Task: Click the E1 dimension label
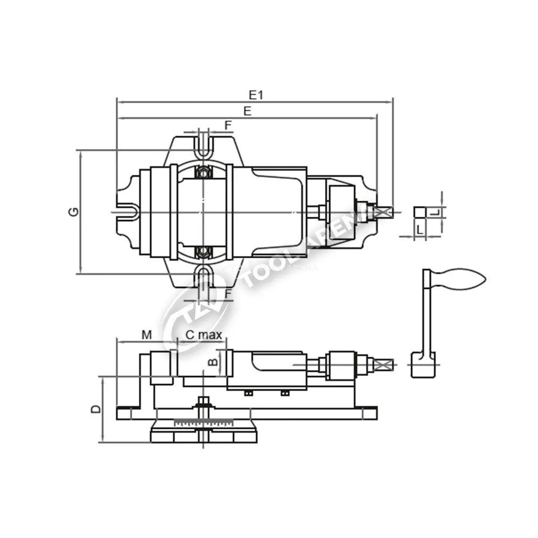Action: click(x=256, y=95)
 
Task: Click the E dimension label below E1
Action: click(x=247, y=111)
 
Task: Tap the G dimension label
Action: click(x=74, y=211)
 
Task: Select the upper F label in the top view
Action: click(x=229, y=125)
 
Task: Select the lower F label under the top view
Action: click(x=229, y=293)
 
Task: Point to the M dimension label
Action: click(x=146, y=335)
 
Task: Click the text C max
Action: click(x=204, y=335)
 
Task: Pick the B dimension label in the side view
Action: click(x=214, y=362)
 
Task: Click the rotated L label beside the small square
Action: click(x=435, y=213)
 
